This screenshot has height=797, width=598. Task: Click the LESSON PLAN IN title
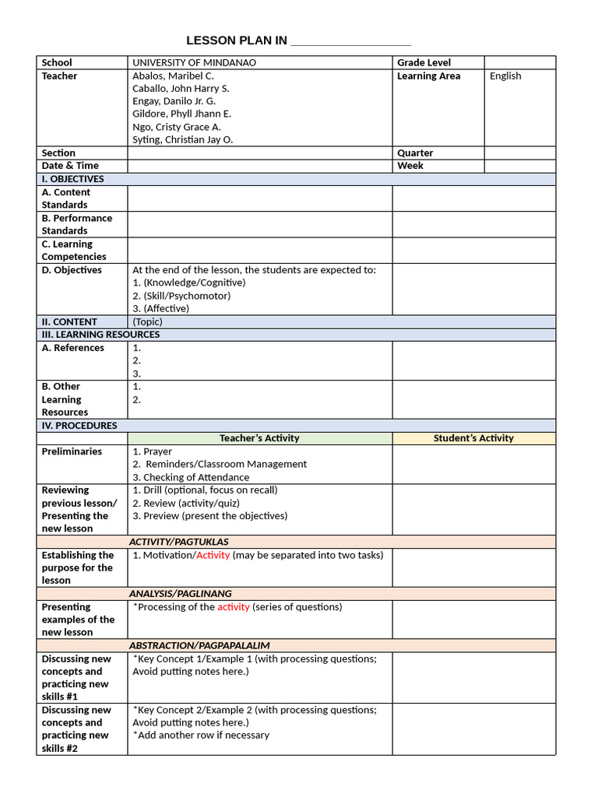237,40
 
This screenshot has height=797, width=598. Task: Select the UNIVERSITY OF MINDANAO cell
194,62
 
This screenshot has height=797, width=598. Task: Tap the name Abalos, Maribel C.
173,75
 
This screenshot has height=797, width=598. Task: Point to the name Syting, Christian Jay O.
182,139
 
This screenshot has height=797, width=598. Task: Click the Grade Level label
424,62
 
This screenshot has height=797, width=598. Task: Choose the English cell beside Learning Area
505,75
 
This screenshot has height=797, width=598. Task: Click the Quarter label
415,153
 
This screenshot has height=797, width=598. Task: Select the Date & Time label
70,165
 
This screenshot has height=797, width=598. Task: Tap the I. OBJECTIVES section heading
72,178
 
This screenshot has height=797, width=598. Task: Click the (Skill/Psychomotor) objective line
181,295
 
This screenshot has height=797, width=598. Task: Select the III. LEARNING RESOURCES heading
100,334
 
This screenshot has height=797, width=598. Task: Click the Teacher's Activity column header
259,438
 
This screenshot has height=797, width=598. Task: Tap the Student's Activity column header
473,438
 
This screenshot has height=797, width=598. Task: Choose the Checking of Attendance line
191,477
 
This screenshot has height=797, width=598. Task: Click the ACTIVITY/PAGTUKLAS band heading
178,542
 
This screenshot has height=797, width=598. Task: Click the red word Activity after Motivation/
213,555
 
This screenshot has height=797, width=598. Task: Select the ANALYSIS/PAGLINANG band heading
180,593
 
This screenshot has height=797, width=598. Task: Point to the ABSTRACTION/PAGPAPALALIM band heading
199,645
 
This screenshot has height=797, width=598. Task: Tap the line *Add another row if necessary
201,735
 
